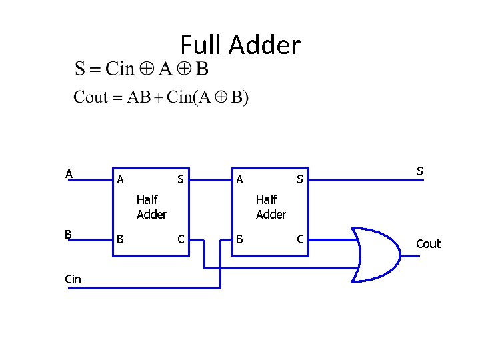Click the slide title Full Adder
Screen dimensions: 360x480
tap(240, 45)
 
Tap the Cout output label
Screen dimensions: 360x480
tap(428, 243)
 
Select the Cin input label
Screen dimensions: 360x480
tap(73, 279)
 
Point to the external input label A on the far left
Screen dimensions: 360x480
tap(69, 174)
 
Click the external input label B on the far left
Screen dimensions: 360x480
tap(68, 234)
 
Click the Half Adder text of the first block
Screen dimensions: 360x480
tap(151, 207)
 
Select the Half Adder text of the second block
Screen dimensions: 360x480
tap(271, 207)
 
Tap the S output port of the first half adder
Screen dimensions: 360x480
tap(180, 179)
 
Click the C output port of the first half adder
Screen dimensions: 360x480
tap(180, 239)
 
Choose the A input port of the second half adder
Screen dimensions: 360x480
tap(239, 179)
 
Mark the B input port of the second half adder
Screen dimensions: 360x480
tap(239, 239)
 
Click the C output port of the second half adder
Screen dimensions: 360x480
tap(300, 239)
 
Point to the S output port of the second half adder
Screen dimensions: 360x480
tap(300, 179)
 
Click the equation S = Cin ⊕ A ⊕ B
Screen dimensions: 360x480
tap(141, 69)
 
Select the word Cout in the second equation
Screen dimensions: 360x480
tap(90, 97)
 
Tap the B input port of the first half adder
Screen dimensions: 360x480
tap(120, 239)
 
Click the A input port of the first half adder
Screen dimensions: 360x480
tap(120, 179)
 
